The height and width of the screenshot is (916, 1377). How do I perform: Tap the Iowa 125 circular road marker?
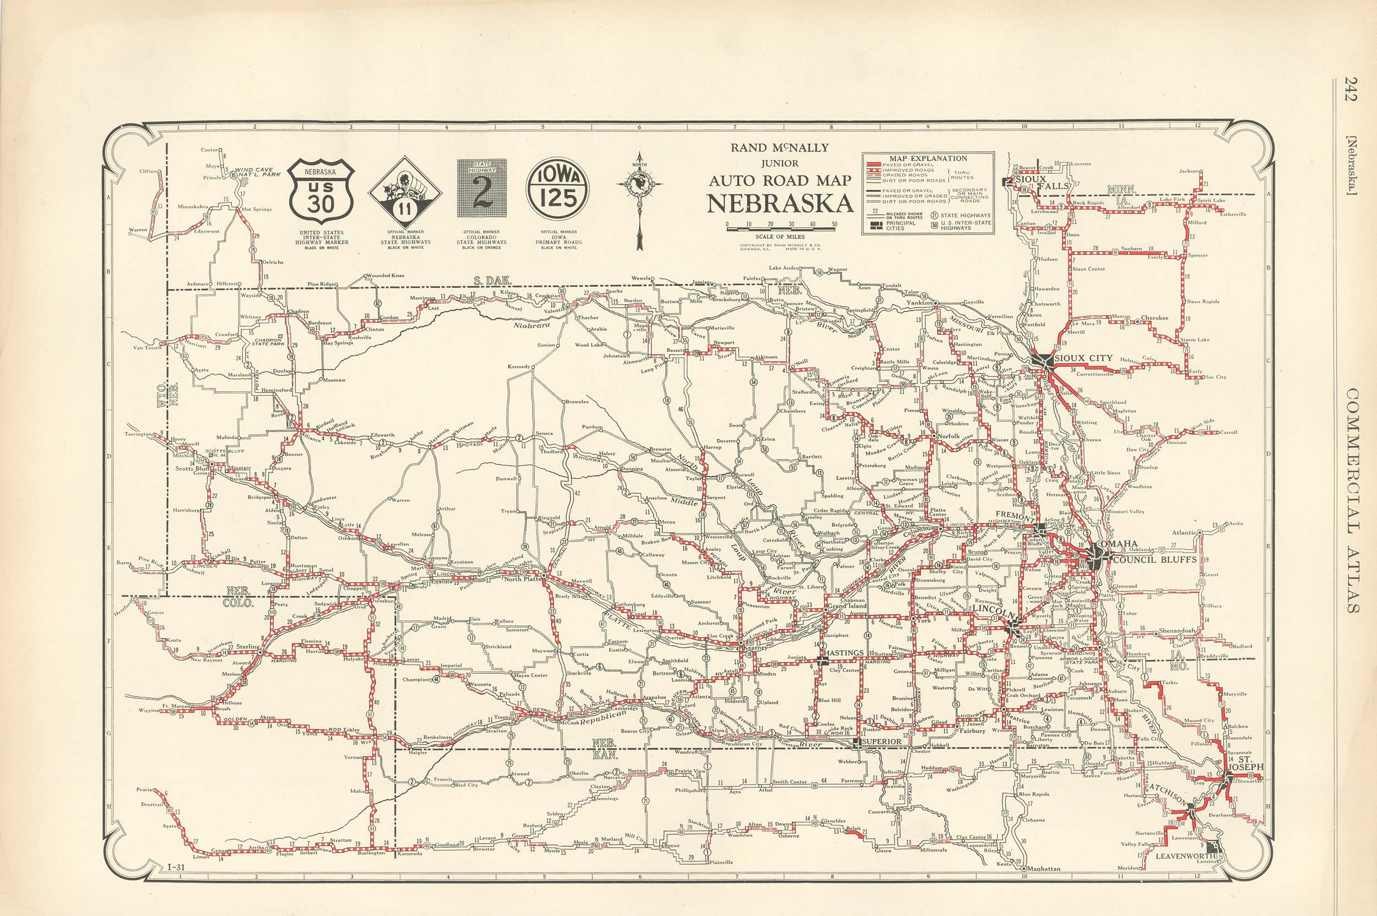(x=558, y=189)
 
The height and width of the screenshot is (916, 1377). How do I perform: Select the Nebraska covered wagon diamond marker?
(x=404, y=192)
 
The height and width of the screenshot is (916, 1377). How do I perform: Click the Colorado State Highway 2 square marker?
(x=481, y=189)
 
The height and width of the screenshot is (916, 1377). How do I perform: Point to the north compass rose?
(x=639, y=186)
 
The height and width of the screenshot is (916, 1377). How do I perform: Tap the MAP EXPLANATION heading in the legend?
(x=928, y=159)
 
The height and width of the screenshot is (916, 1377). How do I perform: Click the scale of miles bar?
(x=780, y=229)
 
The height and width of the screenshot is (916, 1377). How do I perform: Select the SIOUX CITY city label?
(x=1083, y=358)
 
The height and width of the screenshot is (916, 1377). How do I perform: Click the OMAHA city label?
(x=1118, y=544)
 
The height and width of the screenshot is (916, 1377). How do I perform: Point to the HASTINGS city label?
(x=843, y=652)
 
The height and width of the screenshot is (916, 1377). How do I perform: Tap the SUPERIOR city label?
(x=881, y=741)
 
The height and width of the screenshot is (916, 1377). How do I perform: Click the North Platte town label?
(x=521, y=579)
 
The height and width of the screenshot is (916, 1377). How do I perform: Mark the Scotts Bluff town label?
(x=193, y=468)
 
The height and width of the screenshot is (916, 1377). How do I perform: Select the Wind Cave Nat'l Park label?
(x=257, y=172)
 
